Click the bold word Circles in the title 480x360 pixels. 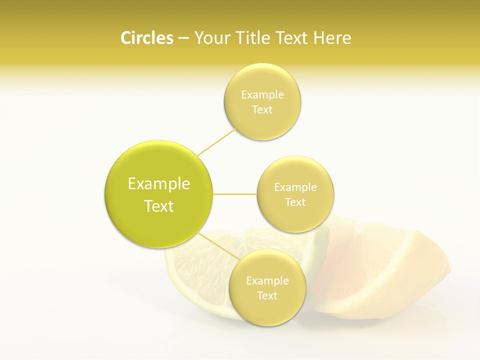tap(146, 38)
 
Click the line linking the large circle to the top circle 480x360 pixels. tap(216, 142)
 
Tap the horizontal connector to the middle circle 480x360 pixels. tap(235, 194)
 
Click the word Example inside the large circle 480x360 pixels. tap(159, 184)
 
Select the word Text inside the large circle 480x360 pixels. tap(159, 206)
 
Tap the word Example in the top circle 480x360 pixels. tap(262, 95)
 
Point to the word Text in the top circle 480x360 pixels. tap(262, 110)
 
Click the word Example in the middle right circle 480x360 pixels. tap(295, 187)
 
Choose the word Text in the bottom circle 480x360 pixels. tap(267, 295)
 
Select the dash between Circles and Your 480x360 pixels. tap(183, 38)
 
